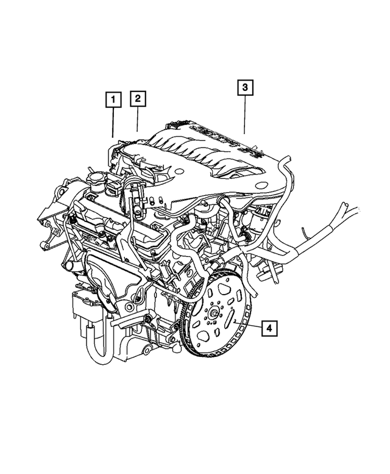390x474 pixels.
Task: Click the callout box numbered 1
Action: tap(113, 98)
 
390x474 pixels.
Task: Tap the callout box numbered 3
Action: tap(244, 88)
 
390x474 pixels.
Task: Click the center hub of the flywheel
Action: tap(216, 314)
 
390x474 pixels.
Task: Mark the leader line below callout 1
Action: tap(113, 122)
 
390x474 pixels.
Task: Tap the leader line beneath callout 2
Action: tap(138, 120)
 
